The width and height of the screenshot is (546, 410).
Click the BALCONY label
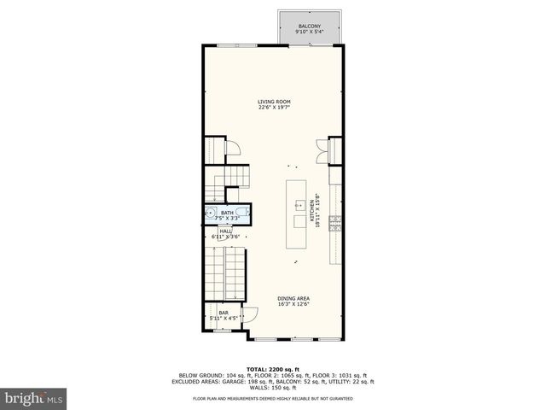309,27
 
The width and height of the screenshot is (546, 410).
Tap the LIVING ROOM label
274,102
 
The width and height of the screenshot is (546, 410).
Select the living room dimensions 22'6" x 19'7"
274,108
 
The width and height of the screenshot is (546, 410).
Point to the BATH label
227,213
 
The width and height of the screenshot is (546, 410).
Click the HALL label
226,230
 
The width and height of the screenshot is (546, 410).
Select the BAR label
224,313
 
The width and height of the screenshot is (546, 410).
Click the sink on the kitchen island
299,205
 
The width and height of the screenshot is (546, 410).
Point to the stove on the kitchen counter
337,224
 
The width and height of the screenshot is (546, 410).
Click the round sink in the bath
211,215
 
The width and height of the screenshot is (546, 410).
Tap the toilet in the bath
246,214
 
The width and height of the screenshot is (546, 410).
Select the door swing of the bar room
250,313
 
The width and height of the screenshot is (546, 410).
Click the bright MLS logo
34,397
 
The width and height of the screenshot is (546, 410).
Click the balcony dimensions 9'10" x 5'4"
309,33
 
